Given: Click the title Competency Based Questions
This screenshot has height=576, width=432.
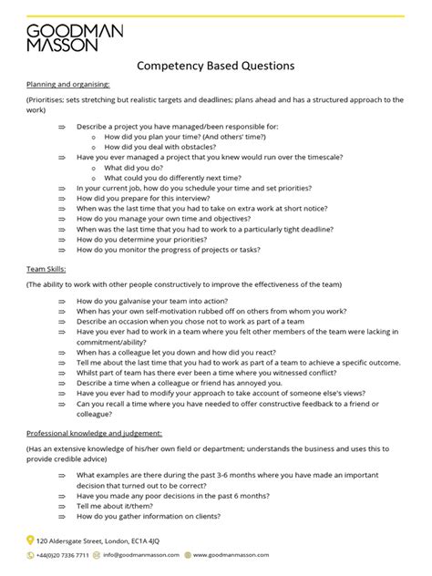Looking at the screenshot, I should (215, 67).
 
